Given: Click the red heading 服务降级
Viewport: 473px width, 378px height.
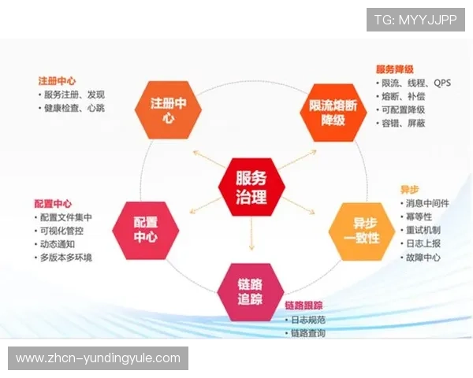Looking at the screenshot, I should tap(395, 69).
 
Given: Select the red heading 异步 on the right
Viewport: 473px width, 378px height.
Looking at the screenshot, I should tap(409, 190).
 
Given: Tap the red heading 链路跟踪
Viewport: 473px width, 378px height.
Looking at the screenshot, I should tap(304, 305).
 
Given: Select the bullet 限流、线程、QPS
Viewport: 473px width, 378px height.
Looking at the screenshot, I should tap(415, 83).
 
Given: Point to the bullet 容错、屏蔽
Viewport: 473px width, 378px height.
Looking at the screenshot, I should tap(404, 123).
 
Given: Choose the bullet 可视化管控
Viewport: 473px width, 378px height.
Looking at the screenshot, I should tap(63, 231).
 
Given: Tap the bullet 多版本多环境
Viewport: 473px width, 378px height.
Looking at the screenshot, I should tap(66, 258).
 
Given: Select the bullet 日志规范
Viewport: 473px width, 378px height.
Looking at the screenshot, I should tap(310, 320).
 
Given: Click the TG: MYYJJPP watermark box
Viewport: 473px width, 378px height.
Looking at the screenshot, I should tap(415, 19).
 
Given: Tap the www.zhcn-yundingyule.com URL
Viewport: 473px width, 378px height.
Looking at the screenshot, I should tap(98, 358).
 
